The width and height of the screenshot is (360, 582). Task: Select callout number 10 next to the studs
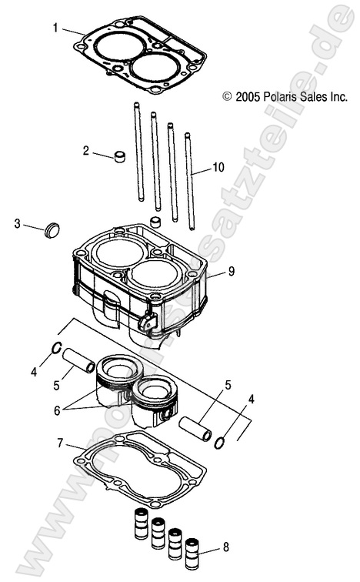click(x=218, y=167)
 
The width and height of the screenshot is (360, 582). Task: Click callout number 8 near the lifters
click(x=225, y=547)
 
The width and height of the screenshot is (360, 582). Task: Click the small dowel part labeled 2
click(x=119, y=159)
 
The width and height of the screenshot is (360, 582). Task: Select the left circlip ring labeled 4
click(x=56, y=348)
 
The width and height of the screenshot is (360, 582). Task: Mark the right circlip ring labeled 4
click(x=220, y=443)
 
